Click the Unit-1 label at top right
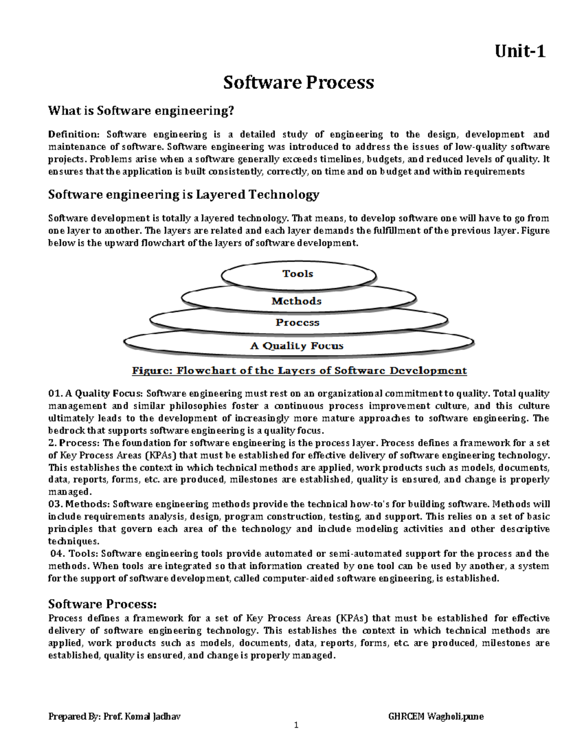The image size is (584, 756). pos(520,51)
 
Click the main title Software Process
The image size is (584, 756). pos(298,82)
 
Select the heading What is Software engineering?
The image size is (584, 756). pos(141,111)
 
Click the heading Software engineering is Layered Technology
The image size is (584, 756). pos(183,195)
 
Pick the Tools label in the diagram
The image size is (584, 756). pos(298,274)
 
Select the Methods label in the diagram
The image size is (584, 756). pos(296,301)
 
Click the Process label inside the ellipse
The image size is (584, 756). pos(297,322)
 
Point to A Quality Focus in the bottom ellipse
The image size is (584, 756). pos(297,346)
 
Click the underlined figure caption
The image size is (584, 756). pos(299,371)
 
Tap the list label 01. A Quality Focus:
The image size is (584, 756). pos(95,393)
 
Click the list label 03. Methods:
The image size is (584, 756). pos(79,504)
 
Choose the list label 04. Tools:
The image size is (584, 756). pos(75,553)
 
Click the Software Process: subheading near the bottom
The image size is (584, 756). pos(103,604)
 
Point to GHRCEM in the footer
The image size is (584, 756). pos(406,717)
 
